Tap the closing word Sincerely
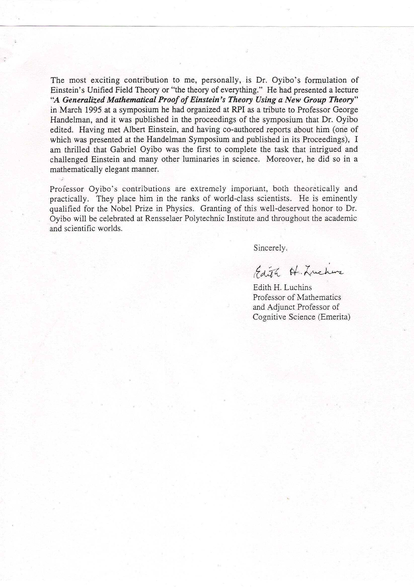pyautogui.click(x=270, y=248)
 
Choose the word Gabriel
pyautogui.click(x=124, y=149)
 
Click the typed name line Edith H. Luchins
pyautogui.click(x=282, y=287)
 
